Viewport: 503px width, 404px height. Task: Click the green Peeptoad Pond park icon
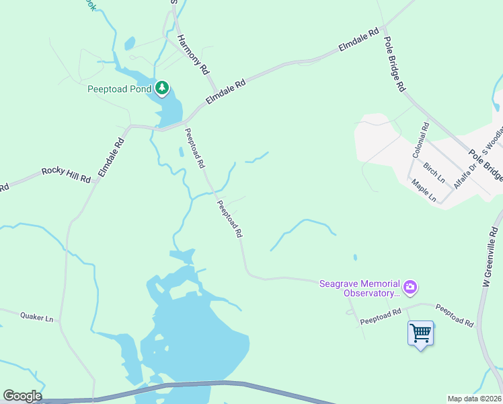(162, 88)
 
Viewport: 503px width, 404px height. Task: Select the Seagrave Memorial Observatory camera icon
(410, 288)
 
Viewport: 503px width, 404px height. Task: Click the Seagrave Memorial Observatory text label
(360, 288)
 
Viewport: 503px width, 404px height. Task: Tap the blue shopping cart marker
(420, 332)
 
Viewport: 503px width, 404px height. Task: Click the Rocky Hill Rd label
(66, 174)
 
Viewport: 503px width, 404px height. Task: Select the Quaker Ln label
(36, 316)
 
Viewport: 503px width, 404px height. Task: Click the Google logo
(22, 396)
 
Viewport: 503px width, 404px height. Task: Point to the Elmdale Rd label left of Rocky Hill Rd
(111, 158)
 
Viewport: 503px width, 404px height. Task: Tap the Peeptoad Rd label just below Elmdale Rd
(194, 148)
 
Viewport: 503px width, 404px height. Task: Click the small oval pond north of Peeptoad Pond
(129, 43)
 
